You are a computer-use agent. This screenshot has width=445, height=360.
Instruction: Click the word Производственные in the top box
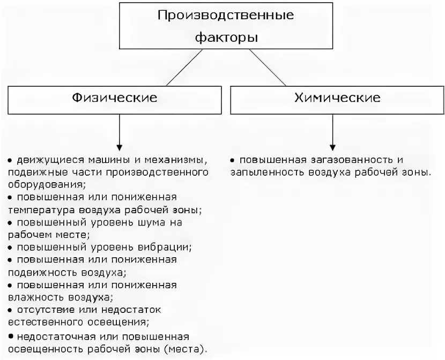pos(225,15)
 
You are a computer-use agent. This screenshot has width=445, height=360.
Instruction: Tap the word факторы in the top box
pos(225,37)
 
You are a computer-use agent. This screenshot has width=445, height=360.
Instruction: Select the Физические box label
pos(116,98)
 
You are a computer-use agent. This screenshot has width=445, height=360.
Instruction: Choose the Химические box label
pos(337,98)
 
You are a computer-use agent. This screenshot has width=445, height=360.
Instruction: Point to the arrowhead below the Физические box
pos(119,145)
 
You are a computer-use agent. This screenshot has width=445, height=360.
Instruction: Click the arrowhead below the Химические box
pos(333,145)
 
